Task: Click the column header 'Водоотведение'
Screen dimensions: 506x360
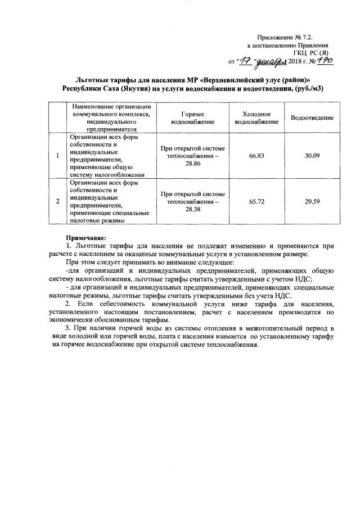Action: click(312, 118)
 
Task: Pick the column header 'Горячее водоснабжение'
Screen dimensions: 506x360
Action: click(192, 118)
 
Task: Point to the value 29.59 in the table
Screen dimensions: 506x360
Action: click(312, 201)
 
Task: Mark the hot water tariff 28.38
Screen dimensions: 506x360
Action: click(192, 209)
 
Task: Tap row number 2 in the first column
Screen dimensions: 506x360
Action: click(57, 201)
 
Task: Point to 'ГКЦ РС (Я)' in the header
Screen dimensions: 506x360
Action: click(310, 52)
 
